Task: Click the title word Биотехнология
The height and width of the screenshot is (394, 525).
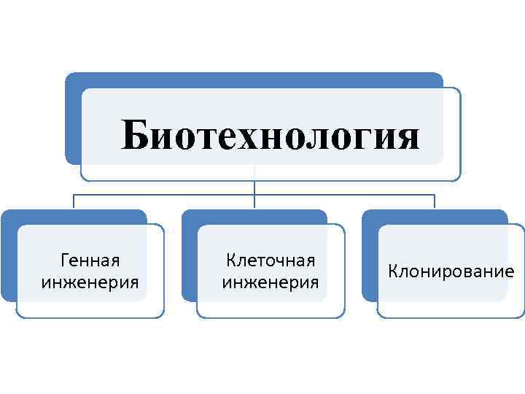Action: coord(270,136)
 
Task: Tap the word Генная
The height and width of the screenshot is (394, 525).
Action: coord(91,260)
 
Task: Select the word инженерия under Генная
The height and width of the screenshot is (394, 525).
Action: coord(91,282)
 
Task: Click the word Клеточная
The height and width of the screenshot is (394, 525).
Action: coord(271,260)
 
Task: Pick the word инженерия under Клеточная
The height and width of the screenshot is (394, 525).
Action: coord(271,282)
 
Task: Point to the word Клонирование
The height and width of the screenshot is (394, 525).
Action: coord(451,271)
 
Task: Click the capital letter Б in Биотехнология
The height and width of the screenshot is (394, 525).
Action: coord(136,135)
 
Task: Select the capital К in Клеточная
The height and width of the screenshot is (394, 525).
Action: coord(231,260)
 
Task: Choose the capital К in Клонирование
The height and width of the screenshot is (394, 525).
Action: coord(393,271)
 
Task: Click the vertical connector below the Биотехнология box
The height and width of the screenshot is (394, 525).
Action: coord(254,188)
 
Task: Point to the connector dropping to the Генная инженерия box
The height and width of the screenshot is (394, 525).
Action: coord(73,202)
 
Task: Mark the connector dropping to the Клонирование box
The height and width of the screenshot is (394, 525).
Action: coord(435,202)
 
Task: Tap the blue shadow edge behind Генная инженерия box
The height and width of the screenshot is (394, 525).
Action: coord(7,255)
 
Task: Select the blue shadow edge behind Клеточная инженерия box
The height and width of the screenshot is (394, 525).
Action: coord(187,255)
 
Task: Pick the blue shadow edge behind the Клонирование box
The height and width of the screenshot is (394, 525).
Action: coord(368,255)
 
